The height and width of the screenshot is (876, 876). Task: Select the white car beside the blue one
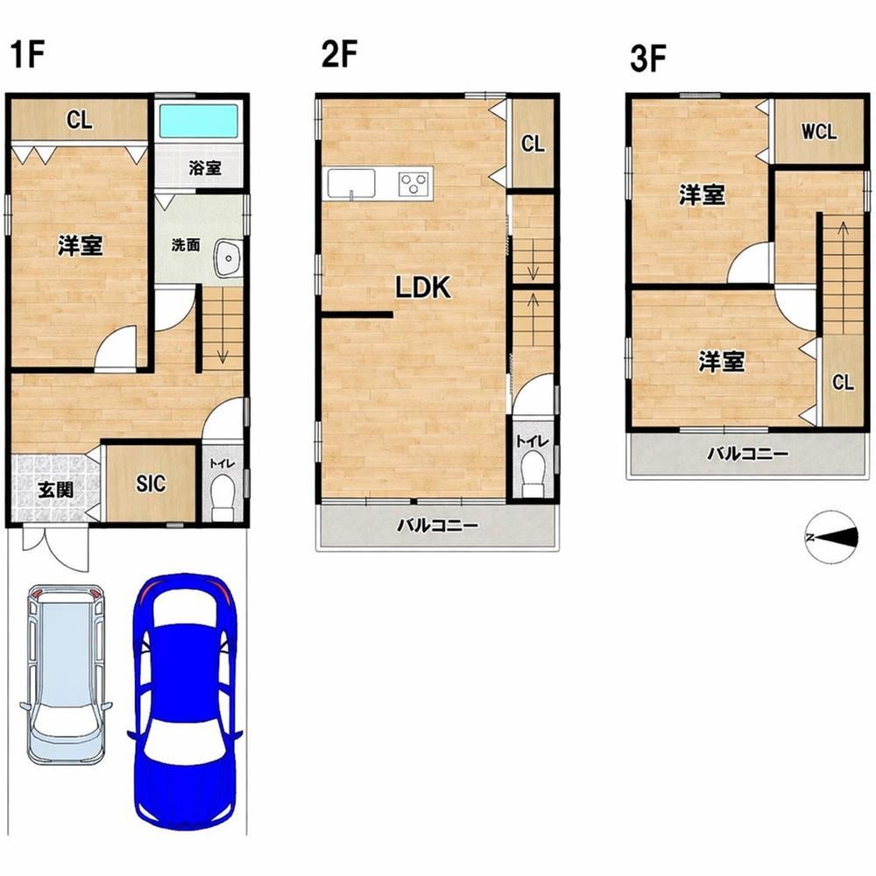click(66, 674)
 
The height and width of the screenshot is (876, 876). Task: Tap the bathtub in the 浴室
click(199, 121)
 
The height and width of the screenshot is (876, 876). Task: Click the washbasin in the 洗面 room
click(229, 258)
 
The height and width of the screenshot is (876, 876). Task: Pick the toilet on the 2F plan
click(533, 474)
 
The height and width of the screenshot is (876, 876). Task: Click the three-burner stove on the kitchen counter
click(413, 183)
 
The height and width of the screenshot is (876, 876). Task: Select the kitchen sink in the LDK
click(351, 183)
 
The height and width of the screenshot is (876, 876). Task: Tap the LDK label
click(423, 287)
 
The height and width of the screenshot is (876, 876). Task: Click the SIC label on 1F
click(151, 484)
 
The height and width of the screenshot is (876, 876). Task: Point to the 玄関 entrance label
click(55, 490)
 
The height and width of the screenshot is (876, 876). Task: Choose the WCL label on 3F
click(819, 132)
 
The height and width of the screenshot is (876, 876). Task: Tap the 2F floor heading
click(339, 54)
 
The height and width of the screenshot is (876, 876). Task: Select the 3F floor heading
click(648, 60)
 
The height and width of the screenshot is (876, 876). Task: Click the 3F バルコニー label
click(748, 454)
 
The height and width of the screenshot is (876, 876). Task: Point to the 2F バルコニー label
click(438, 526)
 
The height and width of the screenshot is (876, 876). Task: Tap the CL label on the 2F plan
click(533, 145)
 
